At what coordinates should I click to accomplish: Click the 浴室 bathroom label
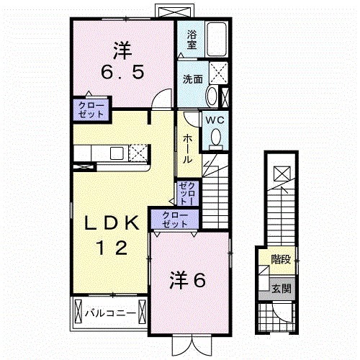192,40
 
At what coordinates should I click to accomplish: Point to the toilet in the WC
215,138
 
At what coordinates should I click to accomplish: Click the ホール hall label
186,148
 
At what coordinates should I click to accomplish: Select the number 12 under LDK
112,248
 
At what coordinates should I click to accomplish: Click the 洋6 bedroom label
189,279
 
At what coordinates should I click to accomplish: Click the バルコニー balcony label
109,312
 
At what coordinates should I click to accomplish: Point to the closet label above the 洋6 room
171,220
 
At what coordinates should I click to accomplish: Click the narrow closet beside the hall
186,192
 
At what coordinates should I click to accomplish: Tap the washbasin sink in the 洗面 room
212,97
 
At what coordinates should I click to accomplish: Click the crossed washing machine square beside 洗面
216,73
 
